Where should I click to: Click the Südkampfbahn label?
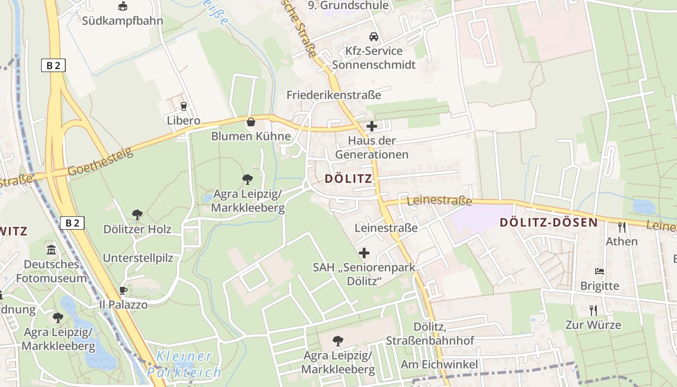click(x=122, y=21)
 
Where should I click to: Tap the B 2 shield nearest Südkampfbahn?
click(x=53, y=65)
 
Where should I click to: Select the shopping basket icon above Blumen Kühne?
click(x=251, y=122)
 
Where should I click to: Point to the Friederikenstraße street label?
click(x=334, y=95)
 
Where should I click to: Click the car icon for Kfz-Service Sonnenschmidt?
click(x=373, y=37)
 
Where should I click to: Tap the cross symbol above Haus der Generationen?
click(x=372, y=127)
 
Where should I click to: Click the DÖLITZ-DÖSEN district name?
click(x=549, y=223)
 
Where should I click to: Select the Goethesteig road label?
click(x=100, y=162)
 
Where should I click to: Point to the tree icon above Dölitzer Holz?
click(x=137, y=214)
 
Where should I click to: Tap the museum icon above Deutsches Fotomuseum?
click(x=51, y=250)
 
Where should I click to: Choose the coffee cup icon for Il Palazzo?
click(x=123, y=291)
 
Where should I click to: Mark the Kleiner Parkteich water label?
click(x=184, y=364)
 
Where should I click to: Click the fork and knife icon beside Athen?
click(x=622, y=227)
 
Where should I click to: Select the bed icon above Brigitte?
click(x=600, y=271)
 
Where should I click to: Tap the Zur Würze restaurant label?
click(x=593, y=325)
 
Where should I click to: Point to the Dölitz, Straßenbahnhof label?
click(x=430, y=334)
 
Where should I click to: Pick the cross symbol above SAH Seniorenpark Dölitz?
click(x=364, y=253)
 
